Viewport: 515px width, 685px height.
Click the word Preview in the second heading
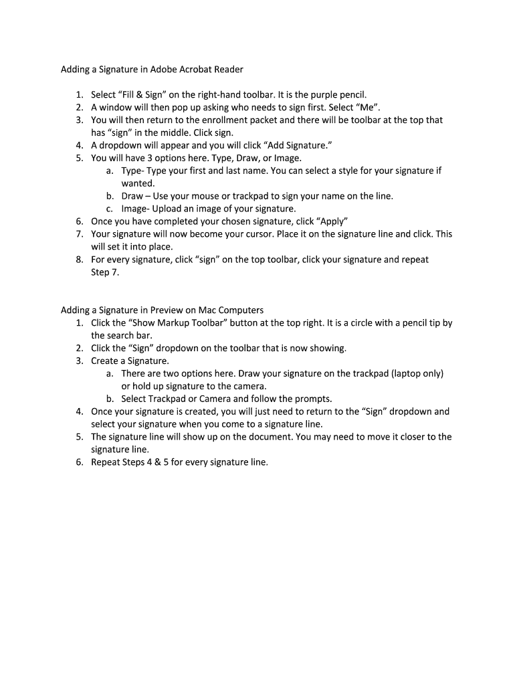(167, 310)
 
